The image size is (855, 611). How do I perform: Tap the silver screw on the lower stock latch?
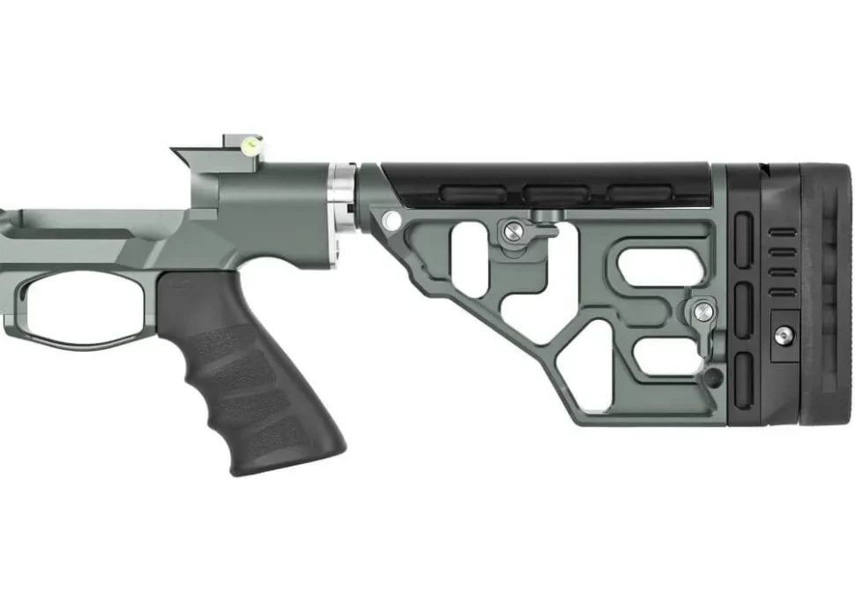coord(703,311)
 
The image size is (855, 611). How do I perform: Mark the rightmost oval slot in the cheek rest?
coord(638,192)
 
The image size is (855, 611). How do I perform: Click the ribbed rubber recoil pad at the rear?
coord(829,291)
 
